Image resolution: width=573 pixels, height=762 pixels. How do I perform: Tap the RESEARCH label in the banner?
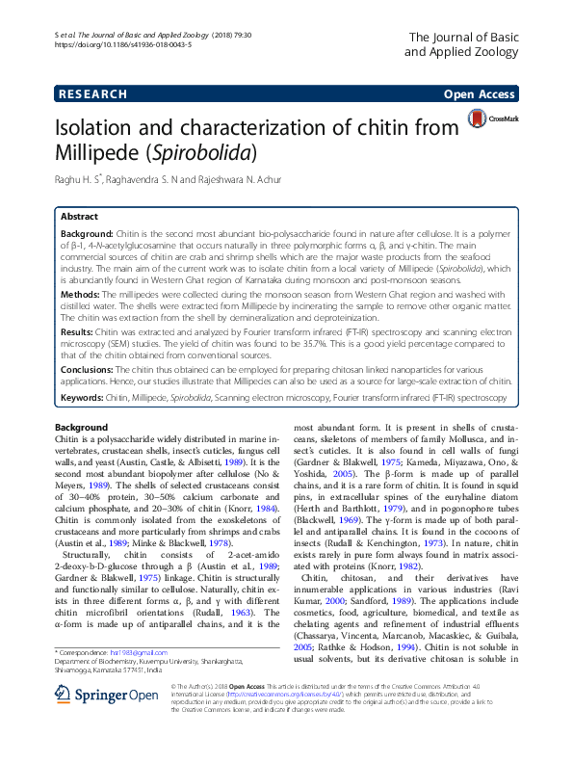94,94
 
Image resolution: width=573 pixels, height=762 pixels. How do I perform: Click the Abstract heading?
80,217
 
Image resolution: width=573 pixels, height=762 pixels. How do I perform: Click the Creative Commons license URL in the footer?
273,719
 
